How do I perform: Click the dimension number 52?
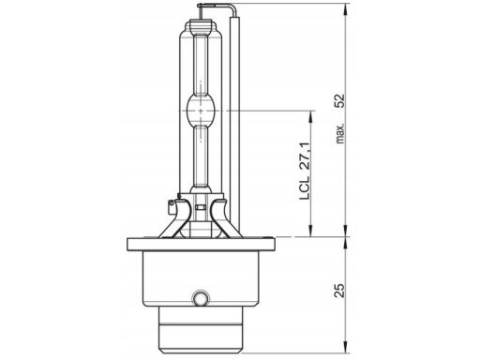click(339, 100)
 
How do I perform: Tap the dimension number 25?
click(339, 291)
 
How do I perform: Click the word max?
click(340, 133)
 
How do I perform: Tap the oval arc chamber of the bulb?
click(201, 111)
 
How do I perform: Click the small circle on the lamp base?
click(200, 298)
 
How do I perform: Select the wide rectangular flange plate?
click(201, 244)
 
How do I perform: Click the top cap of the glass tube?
click(201, 24)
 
